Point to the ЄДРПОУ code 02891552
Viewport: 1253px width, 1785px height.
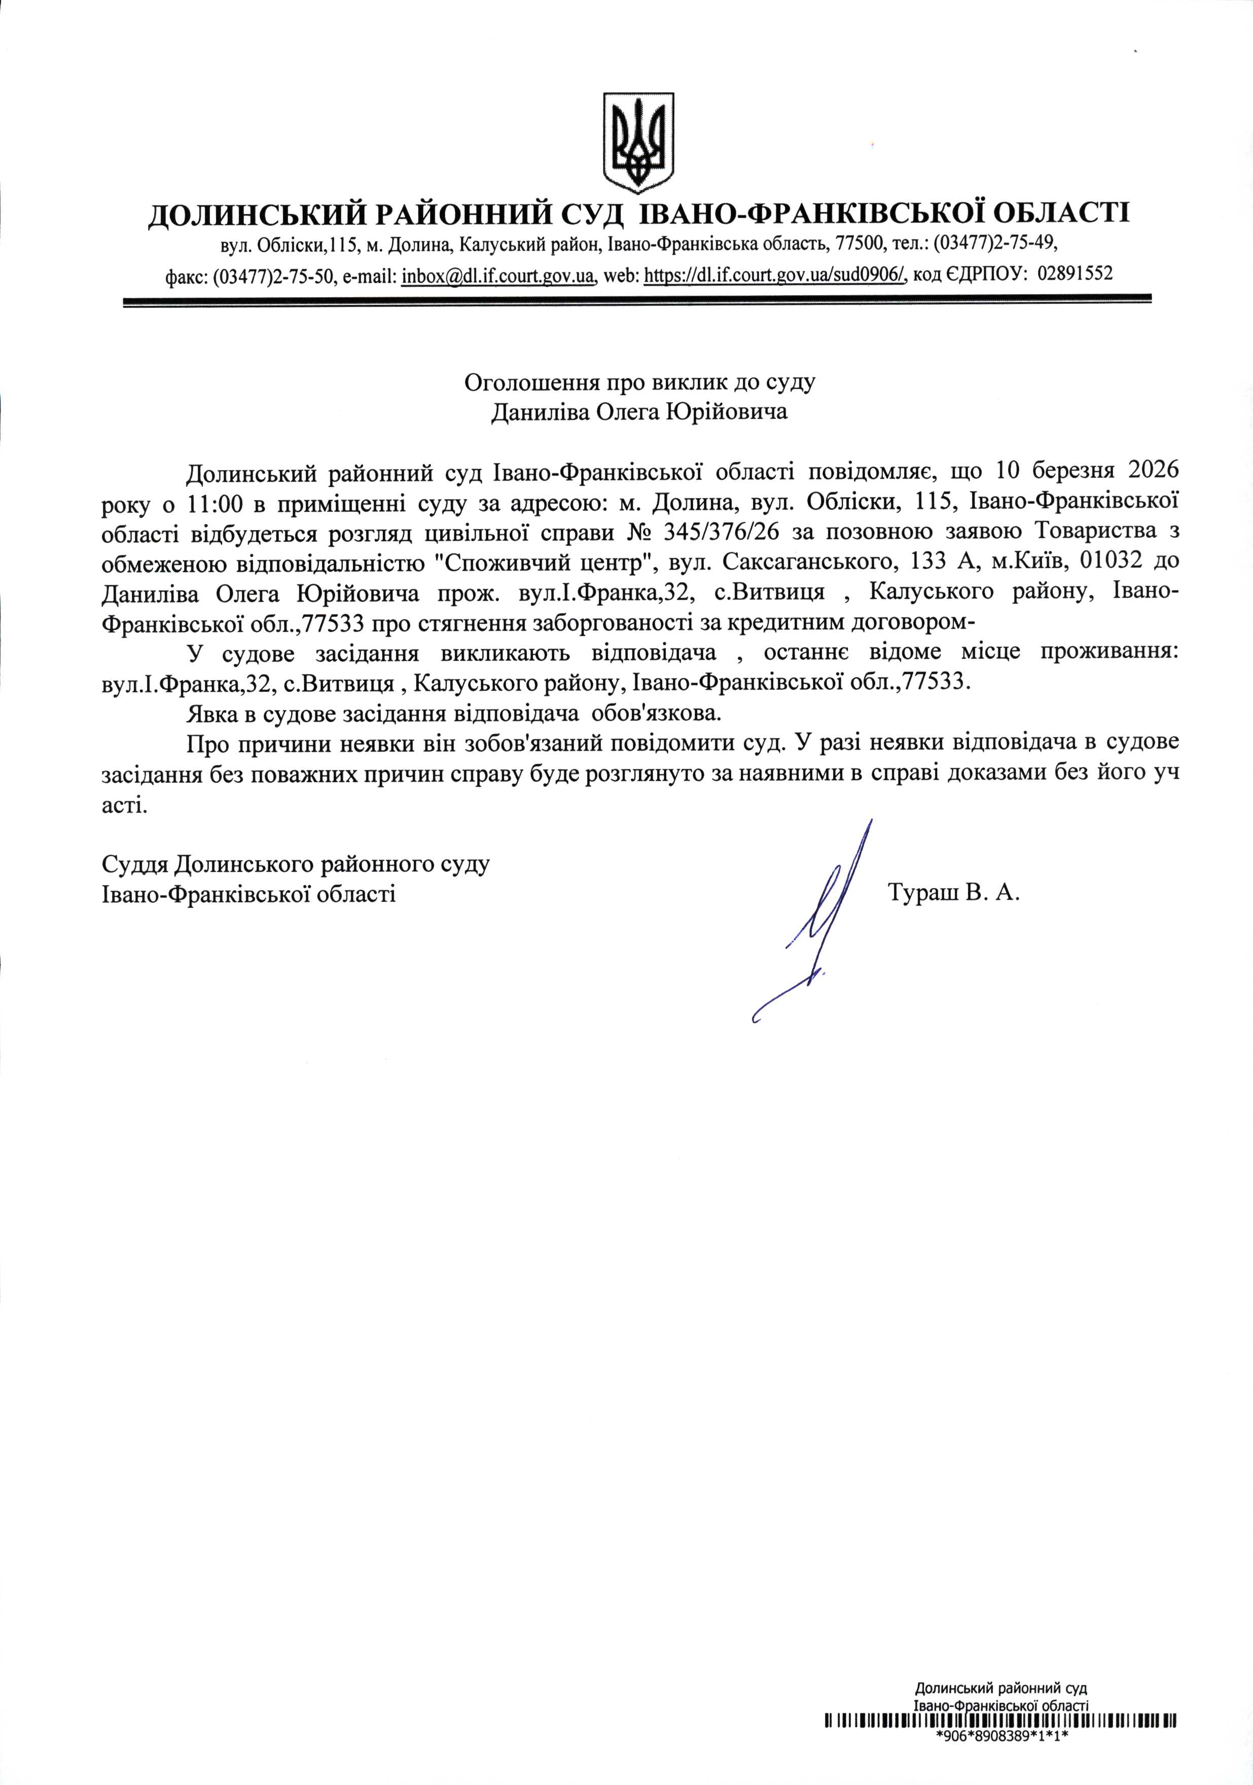pyautogui.click(x=1075, y=273)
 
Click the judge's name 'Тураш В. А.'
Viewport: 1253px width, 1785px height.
pyautogui.click(x=953, y=893)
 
